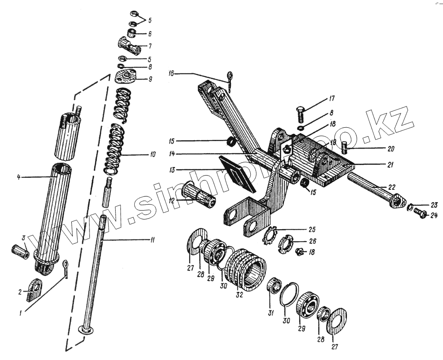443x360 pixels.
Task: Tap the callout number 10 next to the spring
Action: (152, 155)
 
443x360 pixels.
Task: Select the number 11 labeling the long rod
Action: (152, 240)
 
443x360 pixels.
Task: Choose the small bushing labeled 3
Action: (20, 251)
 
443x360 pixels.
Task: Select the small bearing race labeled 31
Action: (274, 286)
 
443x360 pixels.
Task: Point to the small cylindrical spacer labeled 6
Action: (132, 33)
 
